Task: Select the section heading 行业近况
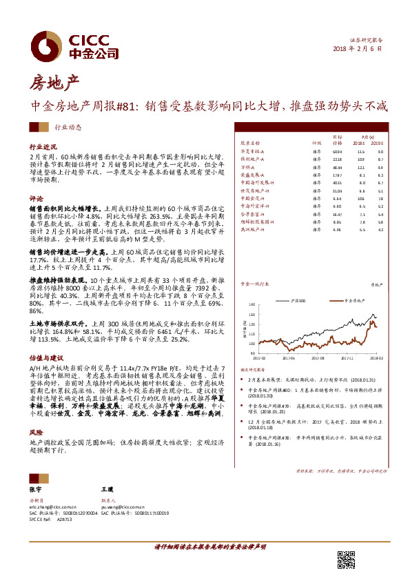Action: point(43,147)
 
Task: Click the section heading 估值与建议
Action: point(46,358)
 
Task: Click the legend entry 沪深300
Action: point(279,301)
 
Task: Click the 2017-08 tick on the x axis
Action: point(316,357)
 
